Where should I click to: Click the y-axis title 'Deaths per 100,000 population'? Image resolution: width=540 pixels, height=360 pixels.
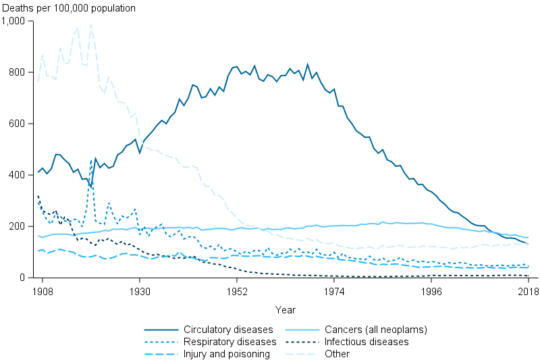(x=68, y=9)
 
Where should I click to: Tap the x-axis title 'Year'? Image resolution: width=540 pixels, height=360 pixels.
(x=285, y=309)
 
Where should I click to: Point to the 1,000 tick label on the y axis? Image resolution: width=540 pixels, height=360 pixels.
(x=13, y=21)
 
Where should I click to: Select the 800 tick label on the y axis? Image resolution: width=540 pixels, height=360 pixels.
(x=18, y=72)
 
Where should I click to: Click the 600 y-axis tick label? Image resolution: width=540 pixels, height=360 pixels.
(x=18, y=124)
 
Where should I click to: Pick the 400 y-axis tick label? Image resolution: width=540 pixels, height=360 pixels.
(x=18, y=175)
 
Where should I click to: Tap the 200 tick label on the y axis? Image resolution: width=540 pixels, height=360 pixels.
(x=18, y=226)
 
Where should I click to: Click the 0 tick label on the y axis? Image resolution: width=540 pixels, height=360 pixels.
(x=22, y=278)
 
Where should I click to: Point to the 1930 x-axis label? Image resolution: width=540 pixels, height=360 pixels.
(x=140, y=290)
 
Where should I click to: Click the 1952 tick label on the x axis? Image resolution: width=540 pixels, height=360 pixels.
(x=237, y=290)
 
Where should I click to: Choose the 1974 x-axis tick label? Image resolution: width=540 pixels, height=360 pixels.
(x=334, y=290)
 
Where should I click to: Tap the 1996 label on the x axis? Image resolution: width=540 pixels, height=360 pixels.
(x=431, y=290)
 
